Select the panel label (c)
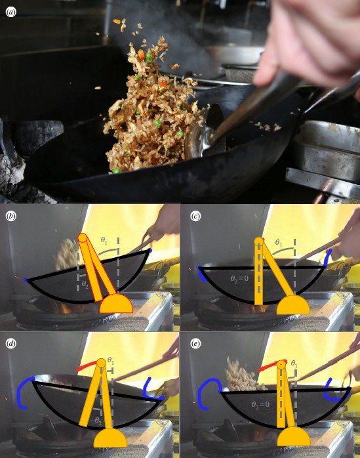pos(195,215)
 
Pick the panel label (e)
pos(195,343)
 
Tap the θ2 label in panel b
pos(85,283)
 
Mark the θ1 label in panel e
pos(293,363)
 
